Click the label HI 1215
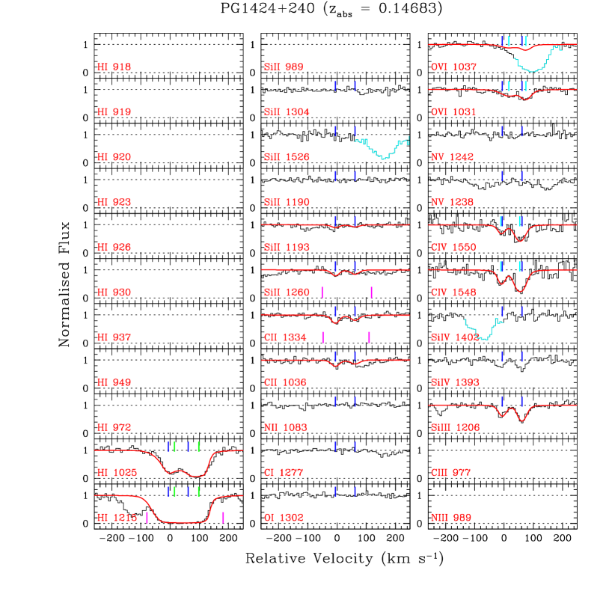(x=117, y=517)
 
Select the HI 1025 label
(x=117, y=472)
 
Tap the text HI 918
(x=114, y=67)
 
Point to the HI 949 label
(x=114, y=382)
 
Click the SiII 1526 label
(x=287, y=157)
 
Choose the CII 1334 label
(x=285, y=337)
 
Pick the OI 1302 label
(x=284, y=517)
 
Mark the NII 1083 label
(x=286, y=427)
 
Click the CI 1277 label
(x=284, y=472)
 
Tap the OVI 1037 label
(x=453, y=67)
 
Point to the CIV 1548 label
(x=453, y=293)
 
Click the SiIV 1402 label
(x=455, y=337)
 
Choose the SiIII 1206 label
(x=456, y=427)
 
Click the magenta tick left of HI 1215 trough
(x=147, y=517)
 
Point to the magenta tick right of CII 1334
(x=370, y=337)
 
